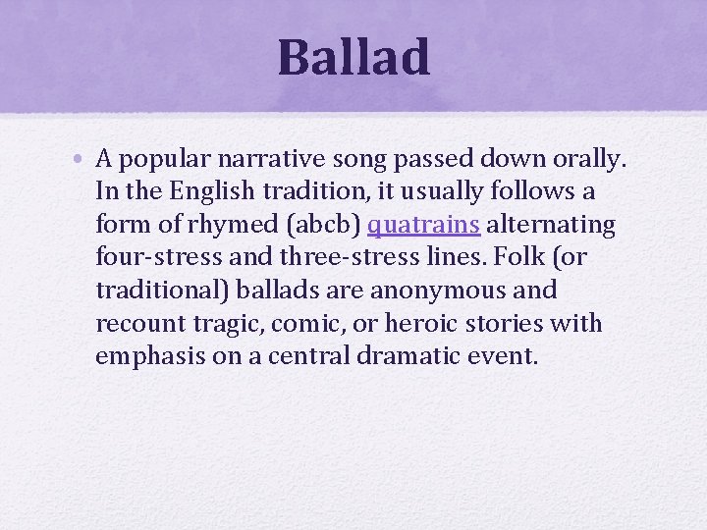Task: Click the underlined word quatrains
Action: (423, 225)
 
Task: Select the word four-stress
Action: (150, 258)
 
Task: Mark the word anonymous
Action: (447, 291)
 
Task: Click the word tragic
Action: (222, 324)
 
